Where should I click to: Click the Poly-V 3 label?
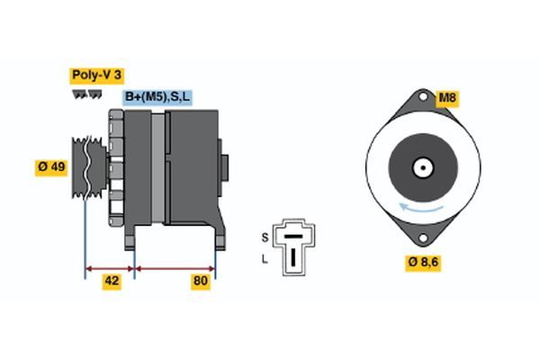pos(96,76)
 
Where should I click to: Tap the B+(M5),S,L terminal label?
pos(158,96)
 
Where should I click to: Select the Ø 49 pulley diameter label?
pos(52,168)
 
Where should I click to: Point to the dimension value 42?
pos(112,282)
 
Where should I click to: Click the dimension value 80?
pos(201,282)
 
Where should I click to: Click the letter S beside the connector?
pos(265,237)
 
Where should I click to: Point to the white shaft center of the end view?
pos(421,167)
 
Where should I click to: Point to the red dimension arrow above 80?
pos(175,267)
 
